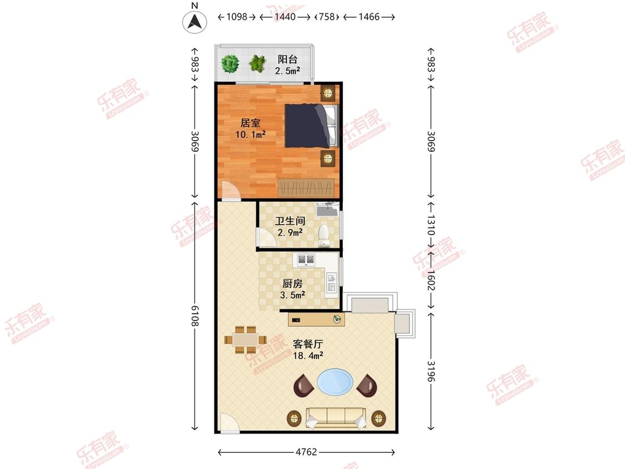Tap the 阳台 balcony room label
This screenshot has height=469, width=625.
(x=287, y=59)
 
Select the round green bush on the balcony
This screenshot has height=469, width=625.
(x=230, y=63)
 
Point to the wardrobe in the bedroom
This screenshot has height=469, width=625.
(x=306, y=187)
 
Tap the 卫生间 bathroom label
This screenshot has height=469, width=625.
(x=290, y=221)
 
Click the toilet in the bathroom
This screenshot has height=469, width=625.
(x=324, y=235)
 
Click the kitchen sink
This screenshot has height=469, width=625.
(x=332, y=282)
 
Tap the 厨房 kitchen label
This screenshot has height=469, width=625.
(x=292, y=283)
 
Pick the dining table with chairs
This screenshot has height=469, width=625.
(x=246, y=340)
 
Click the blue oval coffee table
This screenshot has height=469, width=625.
(x=335, y=382)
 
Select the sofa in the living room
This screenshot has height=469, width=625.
(x=336, y=418)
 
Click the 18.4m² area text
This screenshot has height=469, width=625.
(x=308, y=355)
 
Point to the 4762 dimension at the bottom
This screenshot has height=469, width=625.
(x=306, y=452)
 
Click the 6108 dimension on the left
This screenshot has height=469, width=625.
(x=195, y=316)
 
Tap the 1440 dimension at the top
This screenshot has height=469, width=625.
(x=285, y=17)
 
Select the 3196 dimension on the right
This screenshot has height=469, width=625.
(x=431, y=371)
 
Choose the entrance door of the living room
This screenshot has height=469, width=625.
(x=229, y=423)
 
